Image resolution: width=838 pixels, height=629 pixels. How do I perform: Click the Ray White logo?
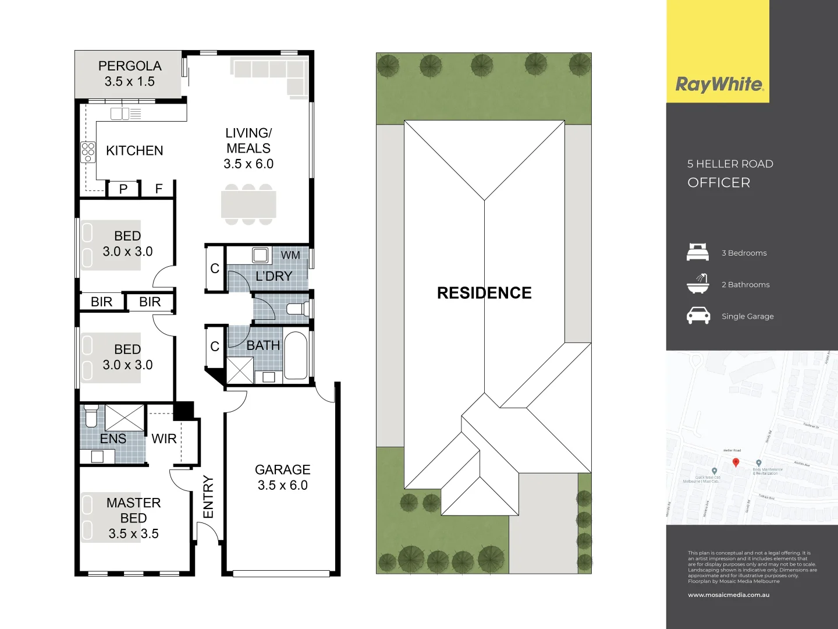click(x=719, y=84)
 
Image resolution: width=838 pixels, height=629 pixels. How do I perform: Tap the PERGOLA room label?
click(x=130, y=66)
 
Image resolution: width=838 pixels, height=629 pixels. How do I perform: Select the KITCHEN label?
click(x=134, y=151)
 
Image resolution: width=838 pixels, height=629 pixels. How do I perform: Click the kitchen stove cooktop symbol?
click(x=88, y=152)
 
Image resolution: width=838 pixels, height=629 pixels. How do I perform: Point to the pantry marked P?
click(x=123, y=189)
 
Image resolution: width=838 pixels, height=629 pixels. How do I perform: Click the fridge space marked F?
click(x=159, y=189)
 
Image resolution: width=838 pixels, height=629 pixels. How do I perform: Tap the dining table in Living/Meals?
click(x=248, y=204)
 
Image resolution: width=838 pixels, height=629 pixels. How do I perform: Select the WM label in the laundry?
click(x=290, y=255)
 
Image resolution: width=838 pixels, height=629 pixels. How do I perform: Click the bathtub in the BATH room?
click(x=296, y=355)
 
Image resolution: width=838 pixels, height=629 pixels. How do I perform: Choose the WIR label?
click(x=164, y=439)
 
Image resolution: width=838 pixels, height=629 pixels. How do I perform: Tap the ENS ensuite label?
click(x=113, y=439)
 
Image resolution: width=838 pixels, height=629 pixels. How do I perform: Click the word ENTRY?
click(x=208, y=497)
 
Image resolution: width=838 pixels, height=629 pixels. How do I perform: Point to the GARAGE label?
click(x=282, y=469)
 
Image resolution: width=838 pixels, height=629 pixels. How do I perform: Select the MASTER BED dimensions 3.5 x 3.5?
click(x=133, y=533)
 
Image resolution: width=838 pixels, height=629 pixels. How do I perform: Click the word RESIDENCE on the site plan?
click(x=484, y=293)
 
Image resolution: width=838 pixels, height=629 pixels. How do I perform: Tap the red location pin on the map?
click(x=736, y=462)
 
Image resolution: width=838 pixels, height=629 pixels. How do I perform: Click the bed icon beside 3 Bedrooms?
click(x=698, y=252)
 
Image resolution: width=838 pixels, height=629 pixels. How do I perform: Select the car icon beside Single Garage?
click(x=698, y=316)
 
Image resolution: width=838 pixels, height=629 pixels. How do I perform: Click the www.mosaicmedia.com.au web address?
click(x=729, y=595)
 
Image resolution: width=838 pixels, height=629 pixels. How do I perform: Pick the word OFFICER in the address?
click(x=719, y=183)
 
